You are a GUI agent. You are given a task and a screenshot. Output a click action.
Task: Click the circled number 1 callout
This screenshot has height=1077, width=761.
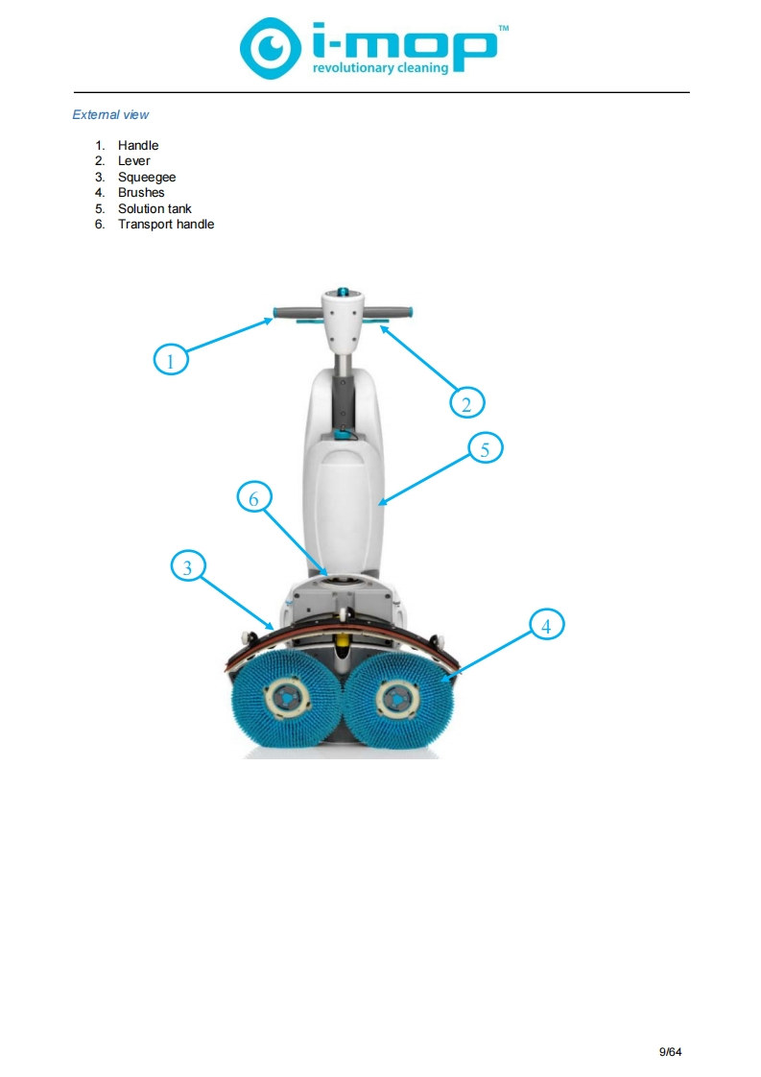click(x=170, y=360)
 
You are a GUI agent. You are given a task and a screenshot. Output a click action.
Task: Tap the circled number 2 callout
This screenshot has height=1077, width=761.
click(x=466, y=403)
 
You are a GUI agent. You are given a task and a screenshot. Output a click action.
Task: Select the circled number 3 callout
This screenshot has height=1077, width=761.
click(x=187, y=567)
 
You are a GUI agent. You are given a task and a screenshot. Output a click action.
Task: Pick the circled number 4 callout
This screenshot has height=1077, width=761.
click(x=545, y=626)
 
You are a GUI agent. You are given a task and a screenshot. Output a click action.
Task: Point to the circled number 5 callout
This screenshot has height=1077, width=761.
click(x=486, y=448)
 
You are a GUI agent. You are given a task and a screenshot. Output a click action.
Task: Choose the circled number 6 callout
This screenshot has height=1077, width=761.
click(x=253, y=498)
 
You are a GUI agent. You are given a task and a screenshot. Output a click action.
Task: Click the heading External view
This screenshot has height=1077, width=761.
click(x=110, y=114)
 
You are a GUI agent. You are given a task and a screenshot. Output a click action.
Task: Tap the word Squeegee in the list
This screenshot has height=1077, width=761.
click(x=147, y=177)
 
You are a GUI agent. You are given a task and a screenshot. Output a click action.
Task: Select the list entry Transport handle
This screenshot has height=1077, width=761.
click(x=166, y=224)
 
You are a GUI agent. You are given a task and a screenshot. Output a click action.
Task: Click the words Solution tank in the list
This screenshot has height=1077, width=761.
click(x=155, y=208)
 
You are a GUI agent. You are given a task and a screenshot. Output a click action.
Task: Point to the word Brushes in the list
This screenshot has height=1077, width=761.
click(x=141, y=192)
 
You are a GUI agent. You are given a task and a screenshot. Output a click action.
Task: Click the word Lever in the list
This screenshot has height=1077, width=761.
click(x=134, y=161)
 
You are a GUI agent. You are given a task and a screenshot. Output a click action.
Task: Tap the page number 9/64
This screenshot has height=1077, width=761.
click(x=670, y=1051)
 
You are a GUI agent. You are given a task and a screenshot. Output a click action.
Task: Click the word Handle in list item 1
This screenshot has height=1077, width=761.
click(x=138, y=146)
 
